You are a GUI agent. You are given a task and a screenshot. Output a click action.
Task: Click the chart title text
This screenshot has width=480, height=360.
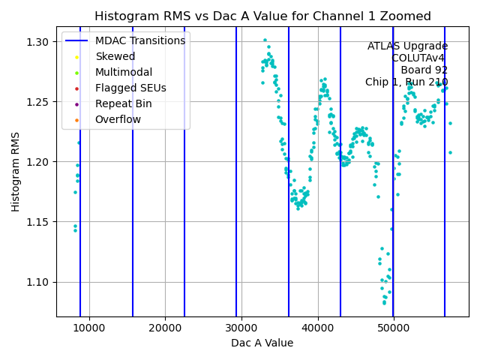[x=262, y=16]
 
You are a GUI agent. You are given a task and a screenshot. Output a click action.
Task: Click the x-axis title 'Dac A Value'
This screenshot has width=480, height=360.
[x=262, y=343]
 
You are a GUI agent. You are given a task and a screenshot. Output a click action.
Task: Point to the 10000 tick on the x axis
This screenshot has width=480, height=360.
[x=89, y=328]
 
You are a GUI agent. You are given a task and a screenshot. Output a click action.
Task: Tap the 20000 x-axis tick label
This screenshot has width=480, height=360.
[x=165, y=328]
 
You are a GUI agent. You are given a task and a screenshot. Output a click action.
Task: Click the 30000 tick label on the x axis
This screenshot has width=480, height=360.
[x=241, y=328]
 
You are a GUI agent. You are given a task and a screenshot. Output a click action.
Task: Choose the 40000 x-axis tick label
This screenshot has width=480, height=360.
[x=318, y=328]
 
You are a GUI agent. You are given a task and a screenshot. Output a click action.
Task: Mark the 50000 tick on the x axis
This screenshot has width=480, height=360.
[x=394, y=328]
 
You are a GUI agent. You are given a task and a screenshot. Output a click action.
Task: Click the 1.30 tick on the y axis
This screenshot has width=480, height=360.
[x=37, y=42]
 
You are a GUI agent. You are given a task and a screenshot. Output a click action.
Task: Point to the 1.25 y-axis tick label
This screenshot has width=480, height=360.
[x=37, y=102]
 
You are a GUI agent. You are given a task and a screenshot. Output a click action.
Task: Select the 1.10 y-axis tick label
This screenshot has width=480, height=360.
[x=37, y=282]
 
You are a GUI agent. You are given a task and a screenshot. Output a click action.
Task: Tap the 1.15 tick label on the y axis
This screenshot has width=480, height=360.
[x=37, y=222]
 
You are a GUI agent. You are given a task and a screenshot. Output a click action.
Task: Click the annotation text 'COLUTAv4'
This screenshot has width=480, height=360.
[x=419, y=58]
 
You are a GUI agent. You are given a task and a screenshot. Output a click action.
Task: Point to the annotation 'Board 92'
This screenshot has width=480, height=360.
[x=424, y=70]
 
